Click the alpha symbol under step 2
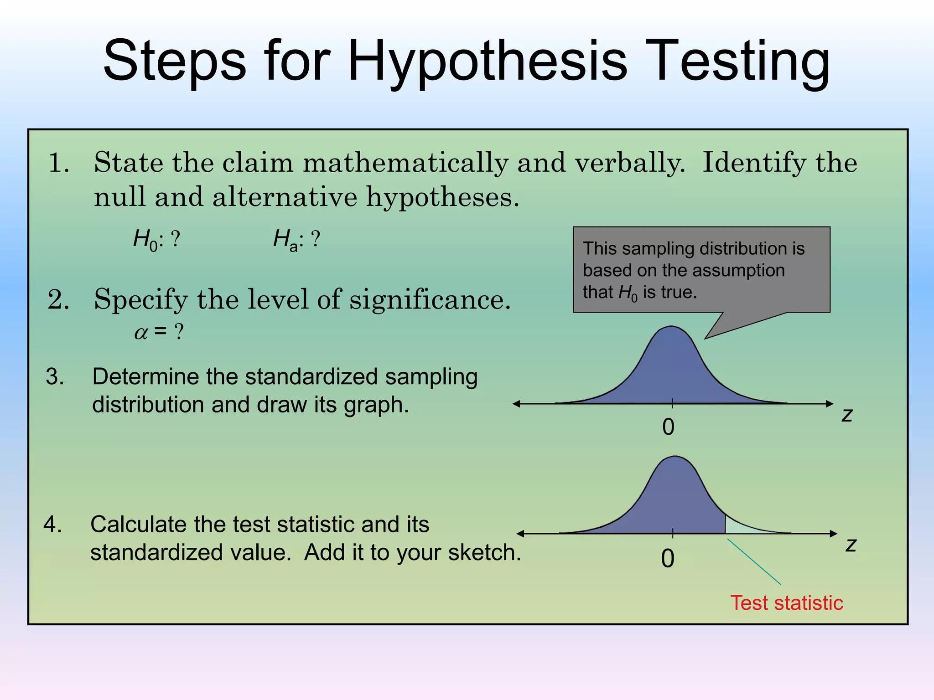tap(141, 333)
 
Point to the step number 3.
tap(55, 377)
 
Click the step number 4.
tap(53, 525)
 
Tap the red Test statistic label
tap(787, 603)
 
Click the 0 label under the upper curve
tap(668, 427)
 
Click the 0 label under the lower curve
tap(668, 559)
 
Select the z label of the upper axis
tap(847, 415)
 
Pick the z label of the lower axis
tap(851, 545)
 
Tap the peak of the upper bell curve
tap(672, 329)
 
